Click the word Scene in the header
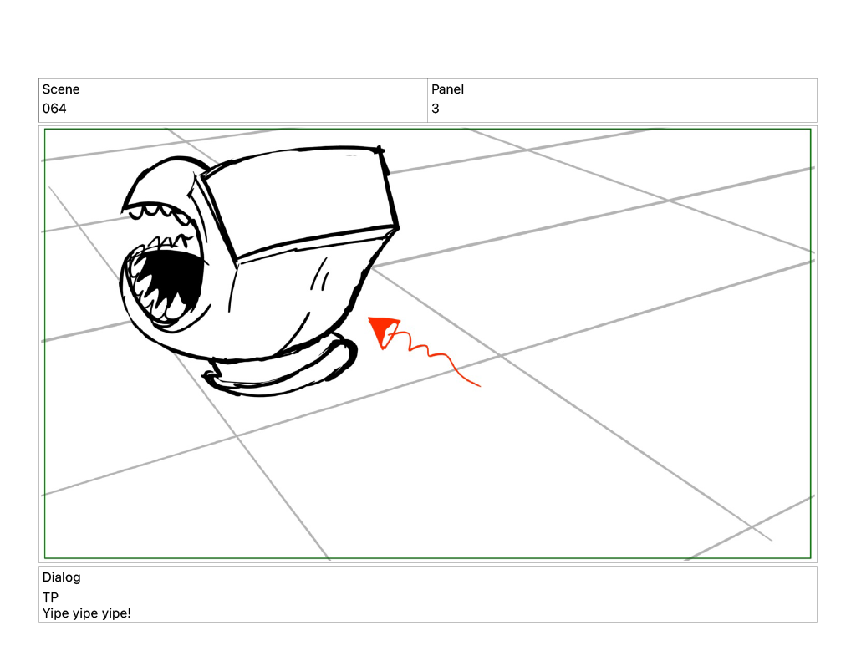tap(60, 89)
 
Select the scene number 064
tap(54, 109)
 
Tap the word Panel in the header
tap(447, 89)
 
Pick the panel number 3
tap(435, 109)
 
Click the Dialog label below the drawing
tap(61, 577)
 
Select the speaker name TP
tap(50, 597)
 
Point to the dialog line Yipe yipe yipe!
tap(86, 613)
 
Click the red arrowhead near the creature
tap(384, 332)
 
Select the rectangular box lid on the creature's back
tap(298, 202)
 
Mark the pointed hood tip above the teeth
tap(125, 208)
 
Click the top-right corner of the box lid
tap(380, 149)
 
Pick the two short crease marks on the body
tap(320, 275)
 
